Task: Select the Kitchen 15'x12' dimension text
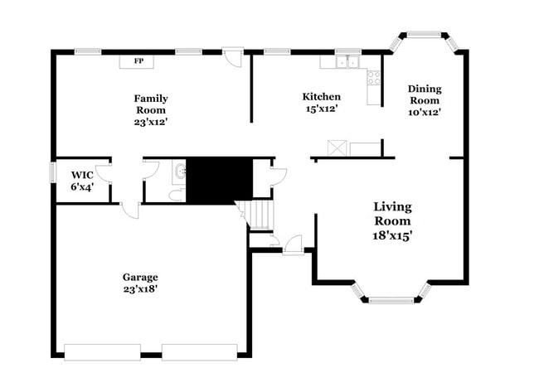(321, 109)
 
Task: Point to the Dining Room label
(424, 94)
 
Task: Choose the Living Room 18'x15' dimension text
(392, 235)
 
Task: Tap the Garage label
(140, 277)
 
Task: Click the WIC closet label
(81, 175)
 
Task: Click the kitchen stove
(374, 78)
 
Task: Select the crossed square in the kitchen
(337, 148)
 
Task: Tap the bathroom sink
(179, 172)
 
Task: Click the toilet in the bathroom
(176, 196)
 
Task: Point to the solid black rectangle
(219, 179)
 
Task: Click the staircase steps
(260, 215)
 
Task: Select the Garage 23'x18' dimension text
(140, 289)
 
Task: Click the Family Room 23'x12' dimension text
(150, 122)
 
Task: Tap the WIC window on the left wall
(52, 172)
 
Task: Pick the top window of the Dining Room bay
(423, 35)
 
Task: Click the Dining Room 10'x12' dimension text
(424, 112)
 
